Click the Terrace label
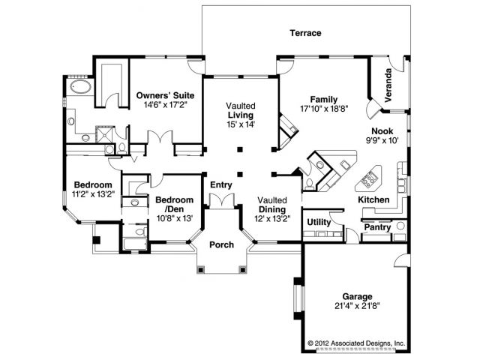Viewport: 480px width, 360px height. coord(305,33)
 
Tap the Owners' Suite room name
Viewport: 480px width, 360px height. coord(165,95)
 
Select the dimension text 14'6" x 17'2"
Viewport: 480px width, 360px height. coord(165,105)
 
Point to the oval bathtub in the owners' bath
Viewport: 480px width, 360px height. coord(81,87)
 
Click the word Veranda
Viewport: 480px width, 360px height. coord(388,85)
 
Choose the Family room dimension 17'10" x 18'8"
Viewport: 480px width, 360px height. coord(324,109)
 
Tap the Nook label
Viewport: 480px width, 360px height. coord(382,131)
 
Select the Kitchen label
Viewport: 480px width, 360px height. coord(373,200)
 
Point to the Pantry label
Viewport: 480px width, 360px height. coord(377,227)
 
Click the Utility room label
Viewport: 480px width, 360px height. coord(319,222)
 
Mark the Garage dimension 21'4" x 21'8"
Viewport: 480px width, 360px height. coord(357,306)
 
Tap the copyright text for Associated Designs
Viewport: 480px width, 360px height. coord(356,343)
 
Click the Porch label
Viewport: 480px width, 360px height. coord(222,245)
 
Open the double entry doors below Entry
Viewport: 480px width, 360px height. coord(222,202)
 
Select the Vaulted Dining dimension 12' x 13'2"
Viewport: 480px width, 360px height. coord(272,218)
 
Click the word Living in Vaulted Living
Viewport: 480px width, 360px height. coord(241,115)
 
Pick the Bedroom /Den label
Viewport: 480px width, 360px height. coord(175,205)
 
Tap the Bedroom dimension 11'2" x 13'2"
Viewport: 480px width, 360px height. coord(93,194)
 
